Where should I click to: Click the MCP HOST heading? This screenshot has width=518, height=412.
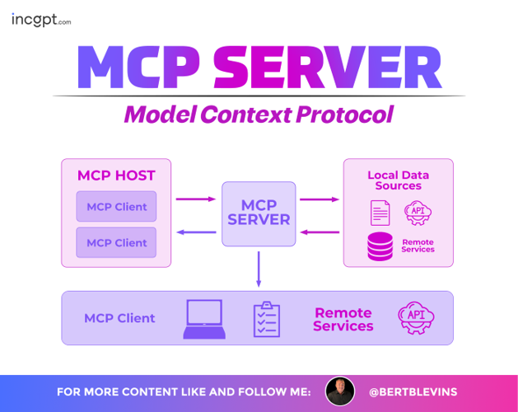[116, 176]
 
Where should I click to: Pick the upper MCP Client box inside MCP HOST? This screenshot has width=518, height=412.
[116, 207]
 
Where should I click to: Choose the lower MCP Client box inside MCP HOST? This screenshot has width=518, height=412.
[116, 242]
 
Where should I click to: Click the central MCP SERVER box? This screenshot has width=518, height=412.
[259, 213]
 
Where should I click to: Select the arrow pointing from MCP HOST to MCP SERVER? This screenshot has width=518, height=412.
[196, 199]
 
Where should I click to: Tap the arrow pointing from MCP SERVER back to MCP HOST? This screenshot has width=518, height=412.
[196, 232]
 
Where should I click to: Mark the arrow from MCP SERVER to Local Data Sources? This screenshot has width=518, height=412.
[320, 199]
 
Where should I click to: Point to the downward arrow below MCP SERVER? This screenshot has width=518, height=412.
[259, 269]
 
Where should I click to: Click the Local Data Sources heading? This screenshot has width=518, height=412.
[399, 180]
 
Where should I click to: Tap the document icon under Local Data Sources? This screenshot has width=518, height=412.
[380, 213]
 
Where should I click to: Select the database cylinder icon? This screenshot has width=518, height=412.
[380, 246]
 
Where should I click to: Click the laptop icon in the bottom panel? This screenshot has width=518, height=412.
[203, 319]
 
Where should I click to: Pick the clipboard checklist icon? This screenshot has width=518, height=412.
[266, 319]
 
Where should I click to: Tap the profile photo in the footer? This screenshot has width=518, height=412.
[340, 391]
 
